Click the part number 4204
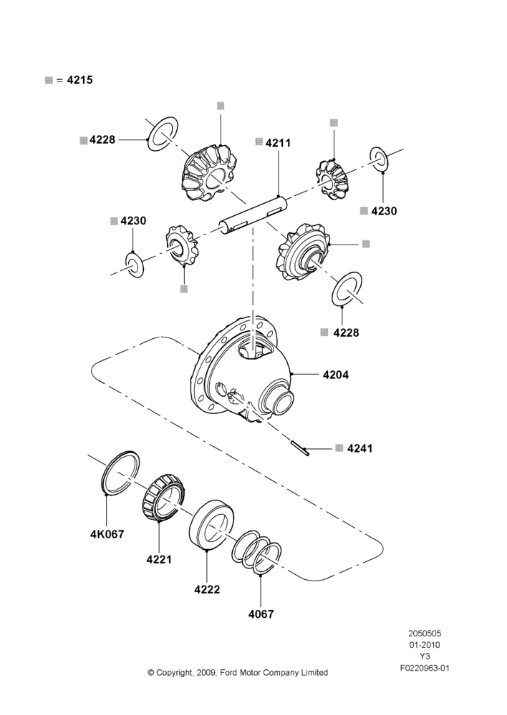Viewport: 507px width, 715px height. (336, 375)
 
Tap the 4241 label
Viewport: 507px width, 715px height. (360, 449)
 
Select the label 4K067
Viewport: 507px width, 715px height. (107, 534)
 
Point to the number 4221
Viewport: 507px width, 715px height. (159, 560)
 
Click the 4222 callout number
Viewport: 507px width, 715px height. (207, 590)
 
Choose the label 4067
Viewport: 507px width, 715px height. (261, 614)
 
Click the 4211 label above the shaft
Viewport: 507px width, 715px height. (278, 143)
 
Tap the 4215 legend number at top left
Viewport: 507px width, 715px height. (80, 80)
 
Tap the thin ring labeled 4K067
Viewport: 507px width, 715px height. (120, 473)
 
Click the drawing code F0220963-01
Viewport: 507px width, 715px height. (425, 669)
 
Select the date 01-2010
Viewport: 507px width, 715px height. (425, 645)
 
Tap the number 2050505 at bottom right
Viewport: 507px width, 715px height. (425, 633)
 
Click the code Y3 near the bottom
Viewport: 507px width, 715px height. (425, 656)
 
